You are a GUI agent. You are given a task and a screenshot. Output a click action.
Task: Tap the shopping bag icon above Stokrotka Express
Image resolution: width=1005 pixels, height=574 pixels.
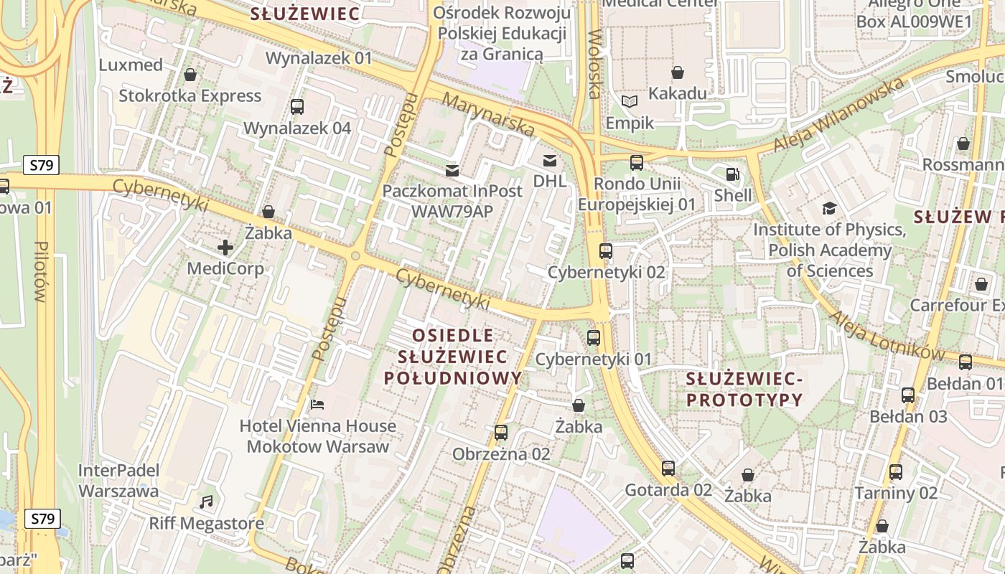(190, 75)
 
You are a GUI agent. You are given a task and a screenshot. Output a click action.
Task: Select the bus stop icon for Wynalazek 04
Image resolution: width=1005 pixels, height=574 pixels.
(297, 107)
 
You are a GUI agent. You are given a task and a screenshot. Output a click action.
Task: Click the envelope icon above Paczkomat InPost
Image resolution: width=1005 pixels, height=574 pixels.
(452, 171)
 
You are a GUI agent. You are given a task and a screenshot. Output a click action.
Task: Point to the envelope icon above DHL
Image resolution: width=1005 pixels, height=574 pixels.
(550, 160)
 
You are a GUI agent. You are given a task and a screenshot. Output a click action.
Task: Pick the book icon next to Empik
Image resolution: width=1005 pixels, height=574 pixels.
(630, 102)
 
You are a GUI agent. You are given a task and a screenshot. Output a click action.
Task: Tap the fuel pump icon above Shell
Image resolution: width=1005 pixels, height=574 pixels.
(732, 174)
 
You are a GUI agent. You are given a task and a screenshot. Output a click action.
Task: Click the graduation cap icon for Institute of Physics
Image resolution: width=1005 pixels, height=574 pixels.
(829, 209)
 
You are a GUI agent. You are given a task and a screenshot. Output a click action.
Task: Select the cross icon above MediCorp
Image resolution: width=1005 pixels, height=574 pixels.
(225, 248)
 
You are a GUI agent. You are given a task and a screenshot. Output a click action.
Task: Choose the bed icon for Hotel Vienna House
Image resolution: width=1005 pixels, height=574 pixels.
(317, 405)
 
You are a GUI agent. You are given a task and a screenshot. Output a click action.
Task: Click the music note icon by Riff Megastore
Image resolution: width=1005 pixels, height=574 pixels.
(207, 502)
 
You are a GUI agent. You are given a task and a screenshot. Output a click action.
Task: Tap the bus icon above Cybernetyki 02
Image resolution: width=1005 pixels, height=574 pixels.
(606, 251)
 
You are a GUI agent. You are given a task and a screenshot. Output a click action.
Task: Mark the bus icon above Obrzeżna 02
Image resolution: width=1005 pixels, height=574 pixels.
(501, 433)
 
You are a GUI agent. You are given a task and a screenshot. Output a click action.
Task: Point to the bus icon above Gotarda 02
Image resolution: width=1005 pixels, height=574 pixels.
(668, 469)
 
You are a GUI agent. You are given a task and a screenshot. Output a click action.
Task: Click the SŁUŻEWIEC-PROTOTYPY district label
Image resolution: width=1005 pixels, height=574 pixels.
(743, 389)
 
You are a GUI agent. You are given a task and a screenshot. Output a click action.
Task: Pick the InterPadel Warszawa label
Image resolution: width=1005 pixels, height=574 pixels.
(118, 481)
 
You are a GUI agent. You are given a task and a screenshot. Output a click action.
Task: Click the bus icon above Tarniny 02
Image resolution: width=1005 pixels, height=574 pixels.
(896, 472)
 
